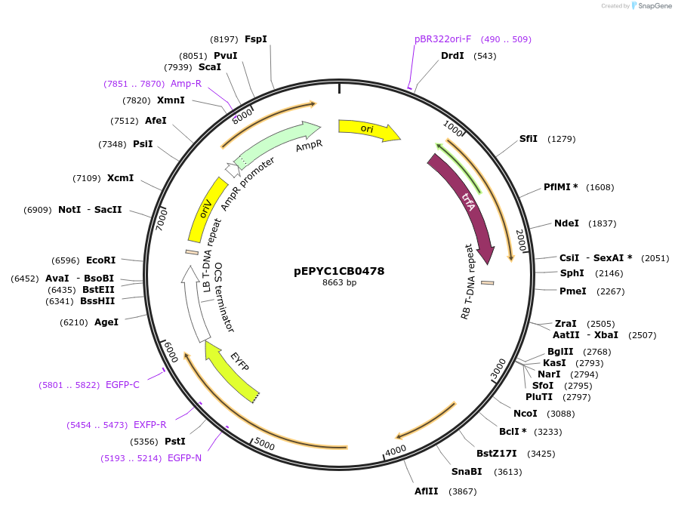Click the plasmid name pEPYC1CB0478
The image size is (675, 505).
(339, 271)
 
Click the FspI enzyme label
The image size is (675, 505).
(256, 39)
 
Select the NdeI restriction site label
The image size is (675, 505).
(566, 223)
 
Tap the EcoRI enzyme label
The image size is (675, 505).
(100, 261)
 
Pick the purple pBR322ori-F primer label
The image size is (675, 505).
(442, 38)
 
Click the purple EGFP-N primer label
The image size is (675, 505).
(184, 458)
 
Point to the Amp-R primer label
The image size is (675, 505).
(186, 84)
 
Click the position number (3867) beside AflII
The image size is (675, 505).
(463, 491)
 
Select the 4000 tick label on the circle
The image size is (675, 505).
(396, 451)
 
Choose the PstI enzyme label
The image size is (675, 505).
(175, 442)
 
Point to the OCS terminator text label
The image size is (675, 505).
(224, 297)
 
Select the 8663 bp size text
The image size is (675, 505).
(339, 283)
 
